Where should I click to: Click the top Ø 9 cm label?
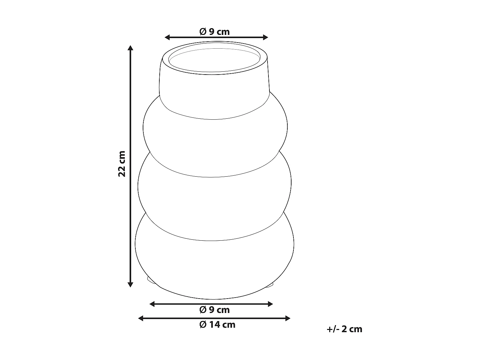214,32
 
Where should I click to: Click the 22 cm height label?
122,164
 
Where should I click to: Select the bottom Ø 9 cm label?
214,310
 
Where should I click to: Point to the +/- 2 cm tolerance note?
344,329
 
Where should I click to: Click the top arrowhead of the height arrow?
130,48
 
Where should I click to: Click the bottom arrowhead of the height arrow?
130,284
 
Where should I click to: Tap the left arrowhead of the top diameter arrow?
167,37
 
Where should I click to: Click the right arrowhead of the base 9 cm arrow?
270,304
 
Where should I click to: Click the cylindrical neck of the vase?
214,93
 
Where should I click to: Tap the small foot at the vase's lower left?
150,281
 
